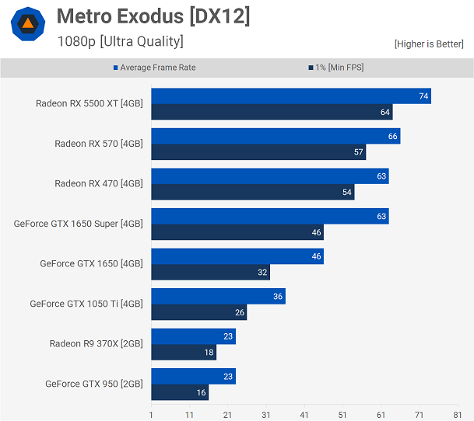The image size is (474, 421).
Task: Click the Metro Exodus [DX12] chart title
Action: click(153, 16)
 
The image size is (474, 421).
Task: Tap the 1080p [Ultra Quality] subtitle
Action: click(121, 41)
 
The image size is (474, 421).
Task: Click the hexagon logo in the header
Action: click(27, 24)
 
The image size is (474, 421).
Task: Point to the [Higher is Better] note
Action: click(429, 44)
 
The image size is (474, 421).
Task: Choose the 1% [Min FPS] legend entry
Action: click(335, 68)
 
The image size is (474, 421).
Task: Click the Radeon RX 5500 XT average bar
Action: click(290, 96)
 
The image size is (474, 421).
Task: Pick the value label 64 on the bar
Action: click(384, 113)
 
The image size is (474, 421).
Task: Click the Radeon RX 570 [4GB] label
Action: click(98, 144)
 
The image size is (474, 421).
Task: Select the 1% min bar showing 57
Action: click(258, 152)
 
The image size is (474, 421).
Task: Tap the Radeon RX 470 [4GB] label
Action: click(98, 184)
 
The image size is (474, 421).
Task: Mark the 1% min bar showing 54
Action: click(252, 193)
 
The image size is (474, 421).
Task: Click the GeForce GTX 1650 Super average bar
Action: click(269, 216)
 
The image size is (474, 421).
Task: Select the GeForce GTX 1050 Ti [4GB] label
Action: click(86, 304)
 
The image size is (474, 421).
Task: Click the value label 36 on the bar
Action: click(278, 297)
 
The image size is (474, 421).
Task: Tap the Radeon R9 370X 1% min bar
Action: click(183, 353)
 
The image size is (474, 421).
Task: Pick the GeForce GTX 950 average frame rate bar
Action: click(193, 377)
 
